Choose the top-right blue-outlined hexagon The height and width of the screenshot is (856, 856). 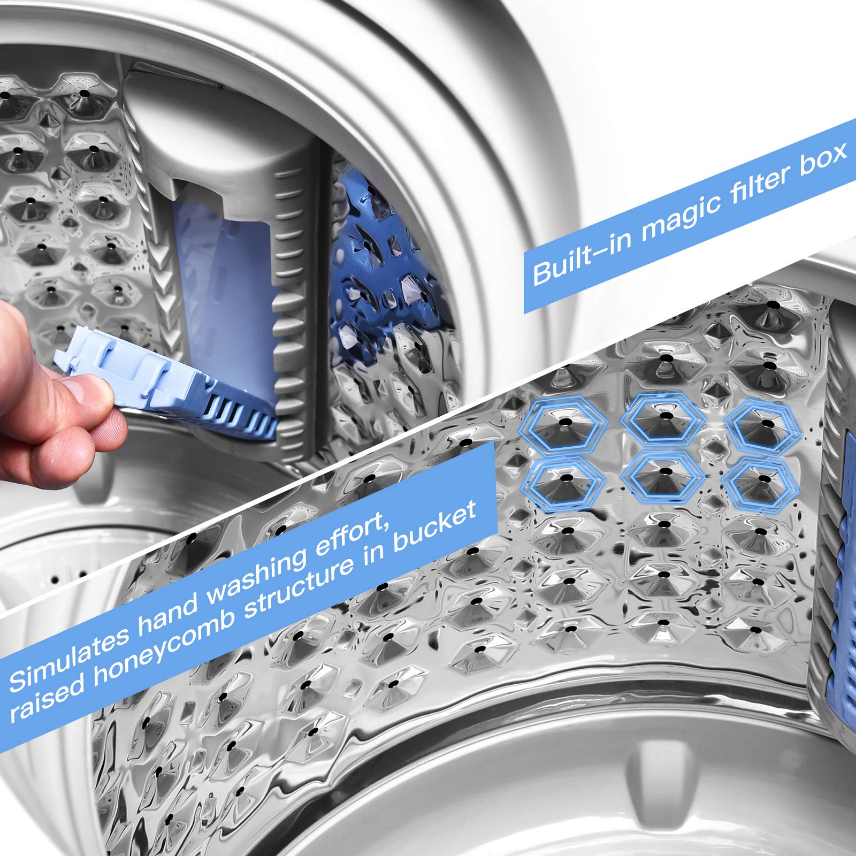pos(761,422)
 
